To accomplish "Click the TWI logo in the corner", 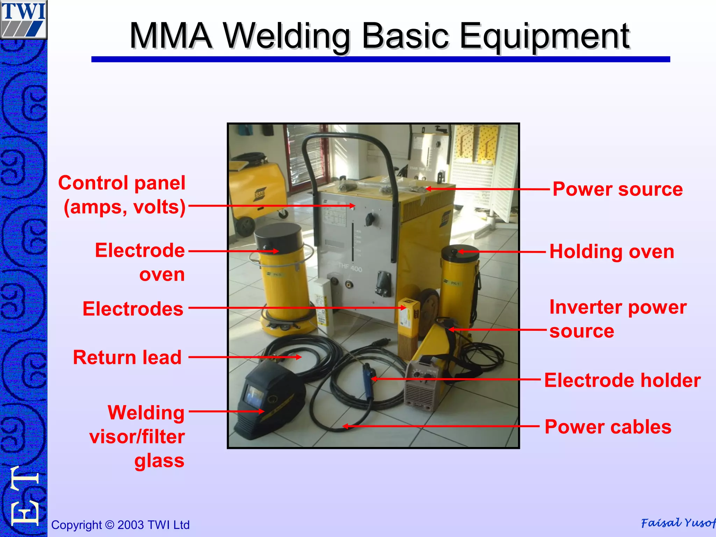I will coord(23,19).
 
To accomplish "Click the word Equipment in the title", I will coord(544,36).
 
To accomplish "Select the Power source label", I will coord(617,189).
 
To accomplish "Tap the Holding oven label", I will coord(612,251).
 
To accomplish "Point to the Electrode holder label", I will coord(622,380).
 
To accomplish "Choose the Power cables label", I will coord(608,427).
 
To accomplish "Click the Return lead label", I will coord(127,357).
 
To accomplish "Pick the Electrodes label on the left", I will coord(133,309).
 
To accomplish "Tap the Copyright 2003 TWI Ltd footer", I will coord(120,525).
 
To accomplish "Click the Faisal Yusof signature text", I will coord(678,523).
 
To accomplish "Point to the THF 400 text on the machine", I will coord(350,268).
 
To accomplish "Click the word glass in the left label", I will coord(159,460).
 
